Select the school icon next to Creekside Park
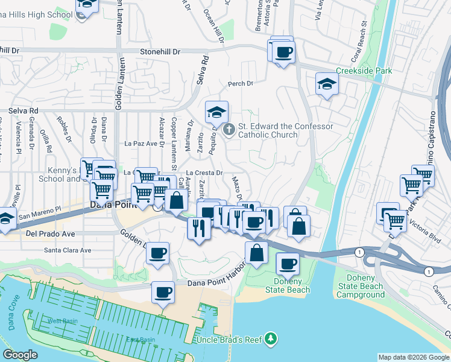point(326,84)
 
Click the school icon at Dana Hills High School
point(87,5)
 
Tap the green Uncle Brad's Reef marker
point(271,340)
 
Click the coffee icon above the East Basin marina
point(162,293)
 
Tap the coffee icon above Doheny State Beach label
point(288,264)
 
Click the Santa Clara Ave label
point(68,250)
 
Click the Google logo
point(20,355)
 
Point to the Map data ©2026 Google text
point(414,357)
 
